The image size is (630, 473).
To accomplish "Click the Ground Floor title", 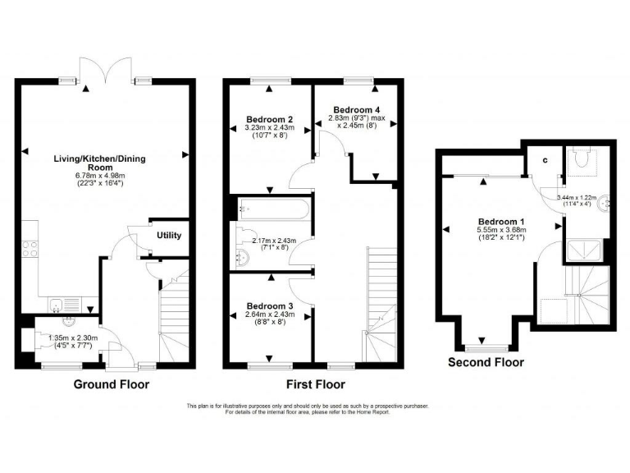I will pos(112,384).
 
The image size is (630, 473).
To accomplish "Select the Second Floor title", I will pos(486,361).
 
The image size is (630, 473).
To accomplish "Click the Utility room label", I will pos(169,236).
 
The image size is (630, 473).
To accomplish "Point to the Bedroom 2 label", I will pos(269,118).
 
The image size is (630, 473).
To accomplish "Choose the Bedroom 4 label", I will pos(357,109).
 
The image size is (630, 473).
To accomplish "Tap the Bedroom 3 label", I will pos(271,306).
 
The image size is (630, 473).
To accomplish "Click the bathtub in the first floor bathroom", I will pos(274,209).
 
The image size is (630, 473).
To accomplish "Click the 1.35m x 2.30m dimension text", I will pos(75,338).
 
